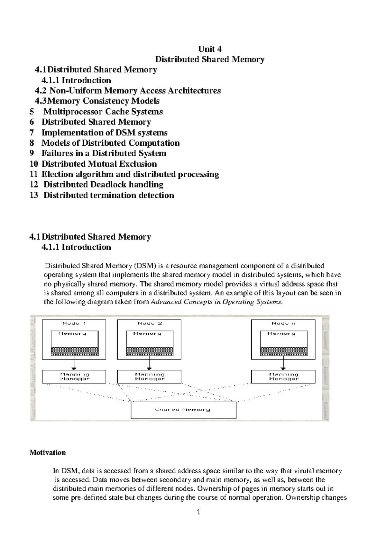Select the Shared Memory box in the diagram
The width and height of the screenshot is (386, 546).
pos(183,410)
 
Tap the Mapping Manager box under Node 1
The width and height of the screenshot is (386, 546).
pos(74,377)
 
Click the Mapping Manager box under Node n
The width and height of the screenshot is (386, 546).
pos(283,377)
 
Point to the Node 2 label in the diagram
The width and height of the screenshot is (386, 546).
pos(149,323)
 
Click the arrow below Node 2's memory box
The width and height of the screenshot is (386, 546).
pos(149,364)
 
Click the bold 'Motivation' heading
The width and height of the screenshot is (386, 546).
pos(48,452)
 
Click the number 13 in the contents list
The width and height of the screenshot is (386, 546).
pos(34,195)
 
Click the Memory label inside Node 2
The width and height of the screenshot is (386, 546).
pos(147,334)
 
